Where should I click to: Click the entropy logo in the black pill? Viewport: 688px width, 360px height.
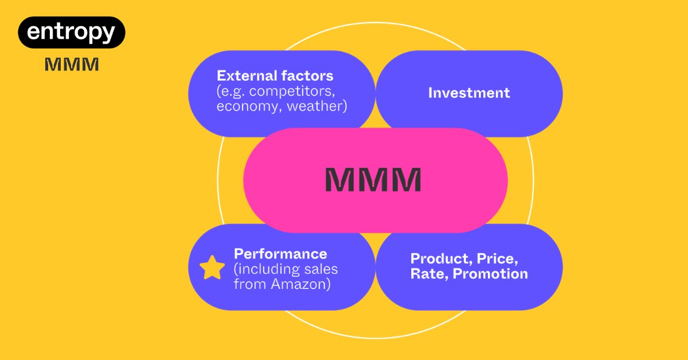pyautogui.click(x=72, y=32)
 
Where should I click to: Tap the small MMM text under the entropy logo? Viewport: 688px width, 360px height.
pyautogui.click(x=72, y=65)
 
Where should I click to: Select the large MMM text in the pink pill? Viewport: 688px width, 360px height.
pyautogui.click(x=373, y=180)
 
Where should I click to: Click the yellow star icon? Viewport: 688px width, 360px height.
pyautogui.click(x=212, y=268)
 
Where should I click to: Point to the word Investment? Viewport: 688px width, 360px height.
pyautogui.click(x=469, y=93)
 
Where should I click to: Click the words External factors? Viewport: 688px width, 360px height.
pyautogui.click(x=275, y=76)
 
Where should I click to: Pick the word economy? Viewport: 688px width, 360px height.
pyautogui.click(x=243, y=107)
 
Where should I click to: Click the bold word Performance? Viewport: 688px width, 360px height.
pyautogui.click(x=280, y=254)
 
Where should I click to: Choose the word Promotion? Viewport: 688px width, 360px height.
pyautogui.click(x=490, y=273)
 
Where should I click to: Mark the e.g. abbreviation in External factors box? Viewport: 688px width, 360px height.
pyautogui.click(x=232, y=91)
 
